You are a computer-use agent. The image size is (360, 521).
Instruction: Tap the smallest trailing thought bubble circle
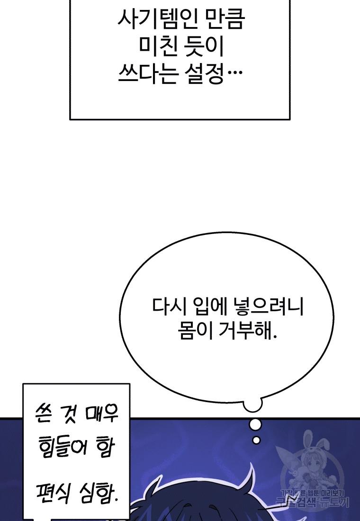[x=256, y=440]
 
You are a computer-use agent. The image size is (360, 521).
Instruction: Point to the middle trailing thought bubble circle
[x=255, y=424]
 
